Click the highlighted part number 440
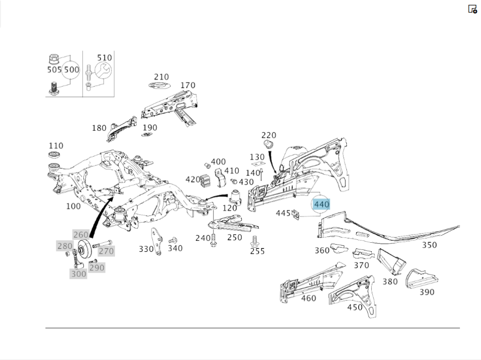(x=321, y=204)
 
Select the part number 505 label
(x=54, y=70)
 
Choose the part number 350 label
(x=429, y=245)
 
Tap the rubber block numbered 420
(x=206, y=182)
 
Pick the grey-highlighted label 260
(x=81, y=235)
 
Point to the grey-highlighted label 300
(x=78, y=274)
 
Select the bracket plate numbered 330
(x=156, y=240)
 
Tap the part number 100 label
(x=73, y=206)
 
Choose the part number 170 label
(x=188, y=86)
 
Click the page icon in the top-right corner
(x=472, y=9)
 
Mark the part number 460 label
(x=308, y=298)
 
